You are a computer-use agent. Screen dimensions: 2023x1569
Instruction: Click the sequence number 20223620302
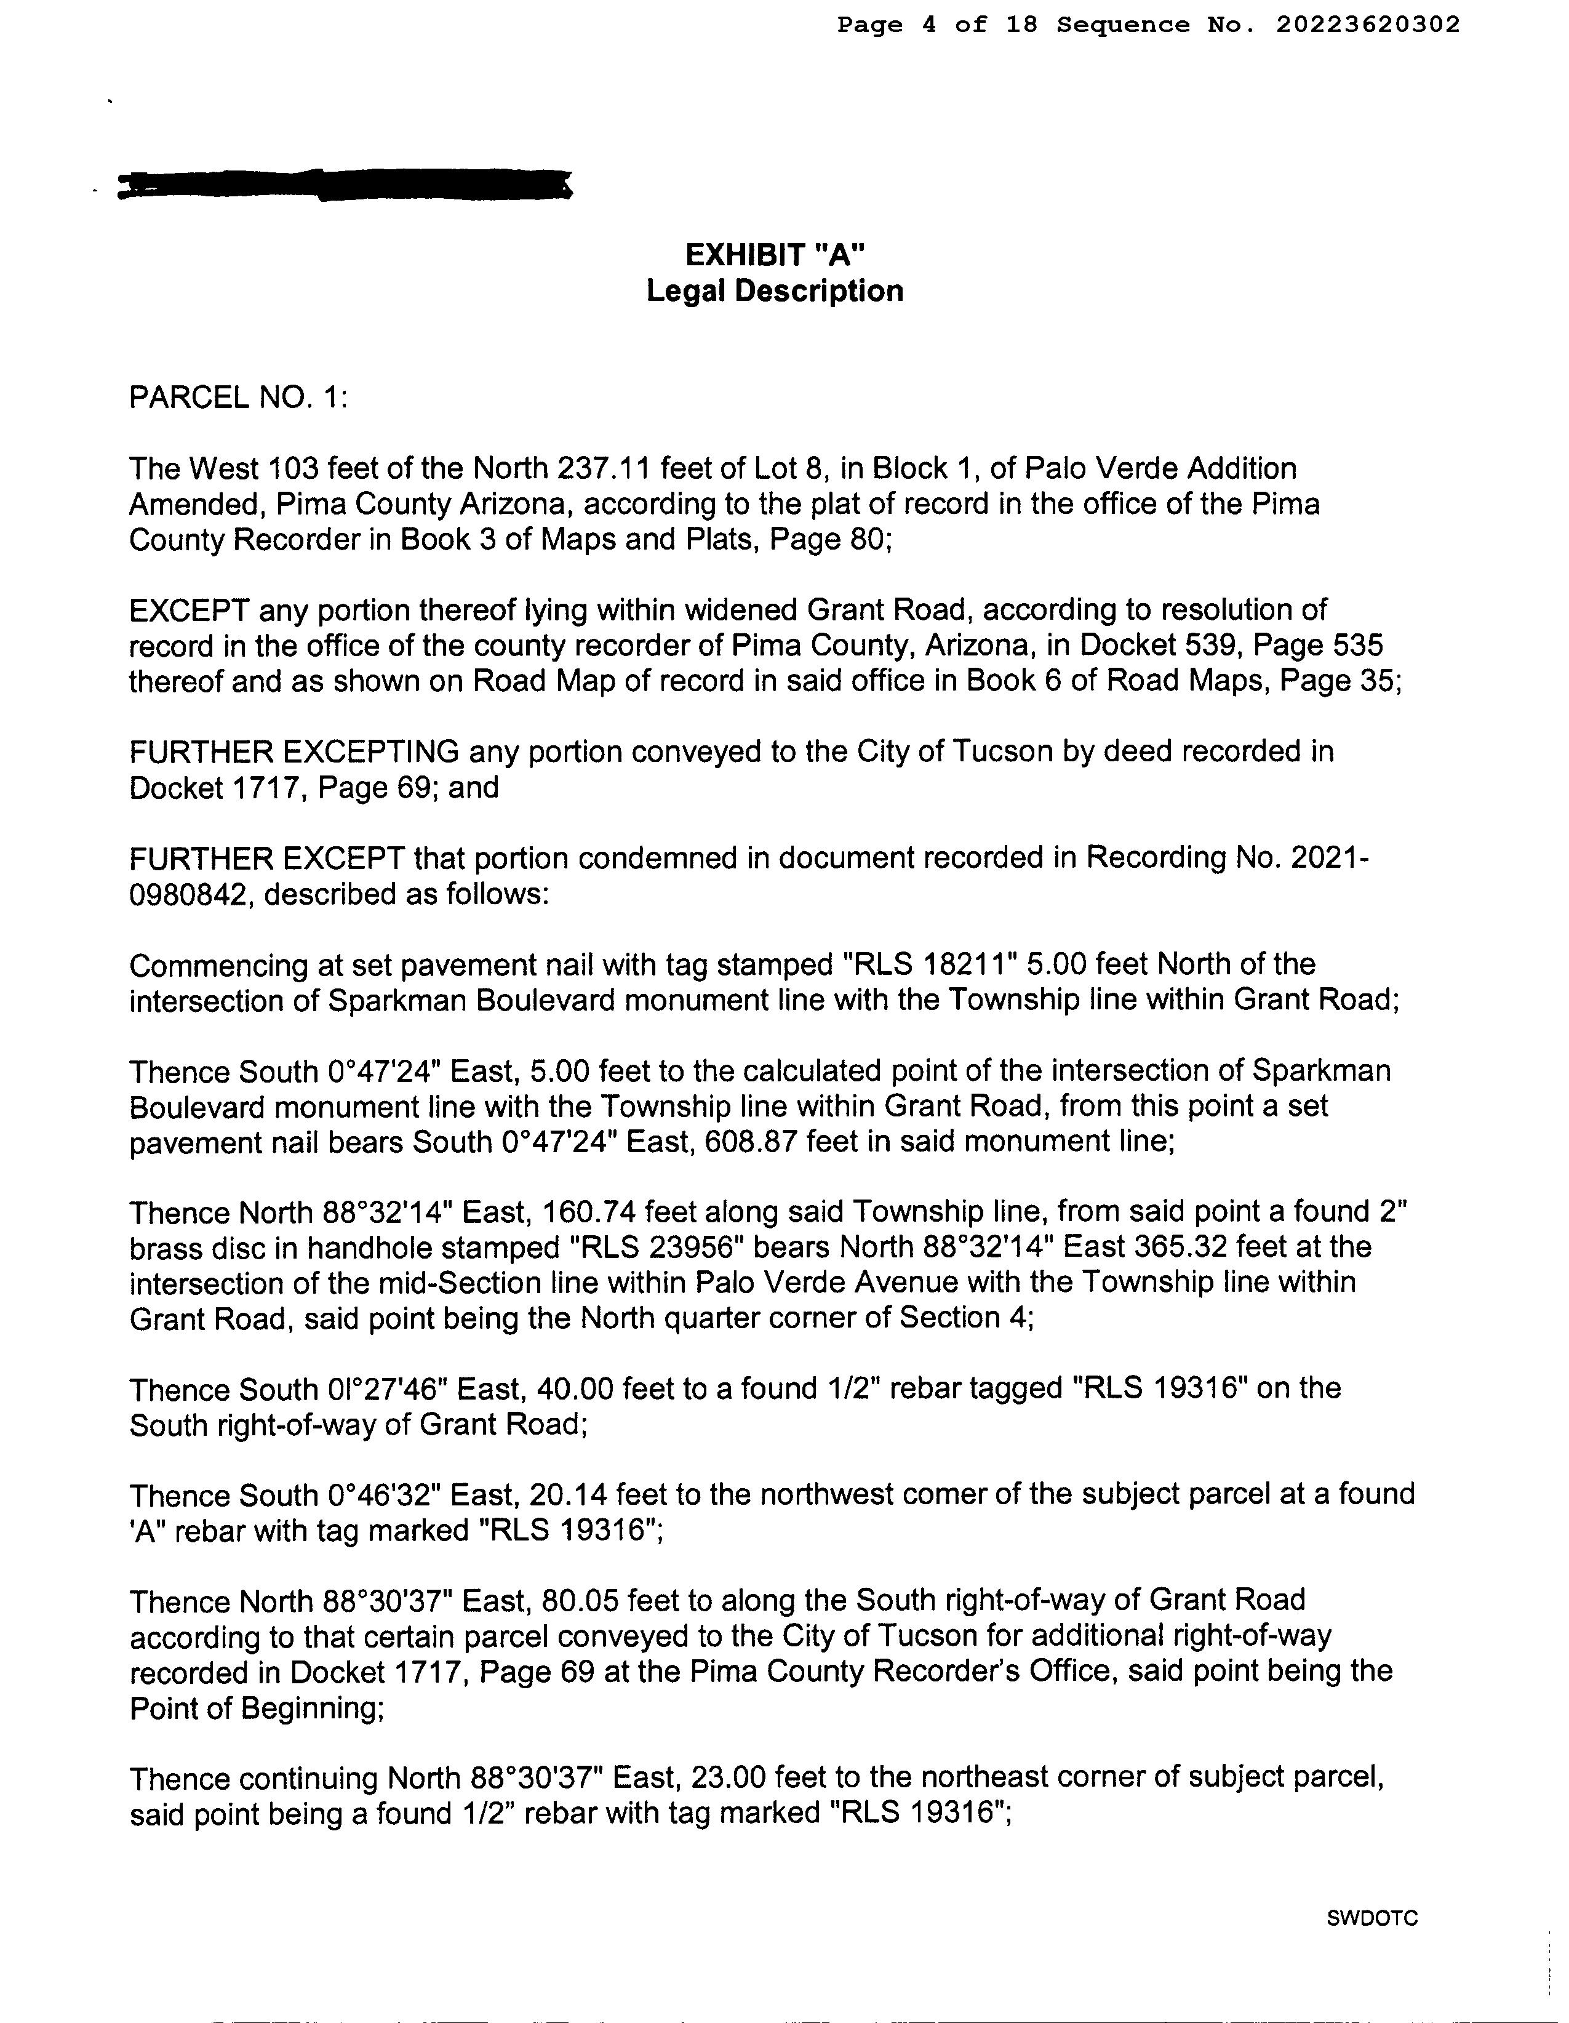[1367, 25]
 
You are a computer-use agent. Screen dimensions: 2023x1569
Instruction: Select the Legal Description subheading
[774, 291]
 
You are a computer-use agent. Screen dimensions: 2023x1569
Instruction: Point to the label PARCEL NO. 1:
[238, 398]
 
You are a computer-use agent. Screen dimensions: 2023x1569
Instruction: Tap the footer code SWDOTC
[1371, 1918]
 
